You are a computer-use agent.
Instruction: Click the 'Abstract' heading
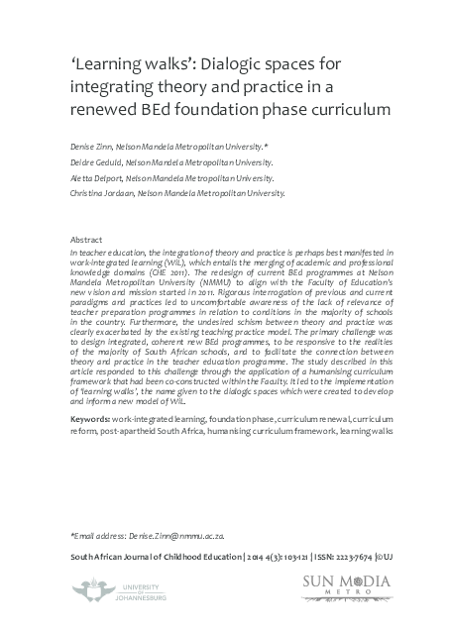click(88, 241)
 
